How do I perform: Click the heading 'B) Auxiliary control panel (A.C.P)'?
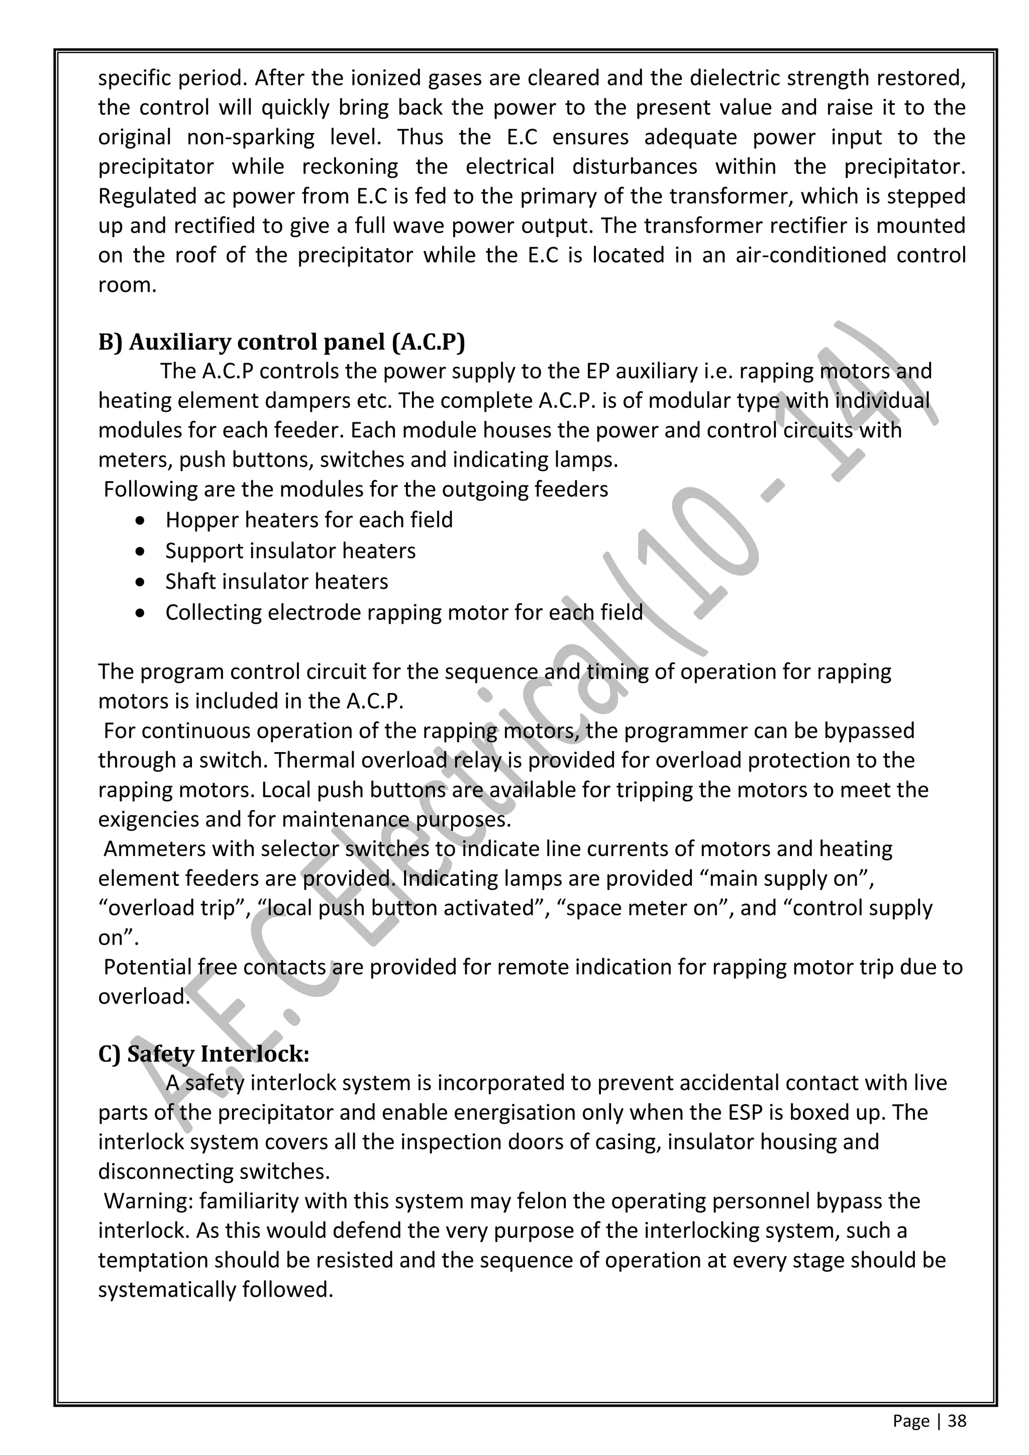coord(281,342)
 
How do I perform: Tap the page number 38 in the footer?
coord(957,1421)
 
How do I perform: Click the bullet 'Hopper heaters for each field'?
coord(308,519)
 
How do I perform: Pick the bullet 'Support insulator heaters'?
coord(290,551)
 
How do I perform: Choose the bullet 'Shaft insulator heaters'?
coord(276,581)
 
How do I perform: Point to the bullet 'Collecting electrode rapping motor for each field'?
coord(403,612)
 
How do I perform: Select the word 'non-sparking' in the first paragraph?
coord(250,137)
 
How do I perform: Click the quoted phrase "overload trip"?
coord(175,908)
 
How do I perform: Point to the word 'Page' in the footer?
coord(910,1421)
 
